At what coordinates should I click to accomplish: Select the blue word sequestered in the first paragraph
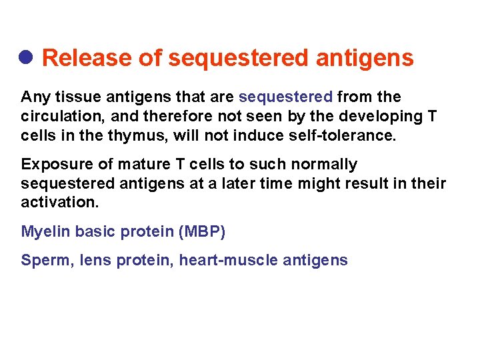point(285,97)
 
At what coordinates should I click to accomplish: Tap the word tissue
point(73,97)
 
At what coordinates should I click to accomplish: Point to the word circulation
point(58,117)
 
